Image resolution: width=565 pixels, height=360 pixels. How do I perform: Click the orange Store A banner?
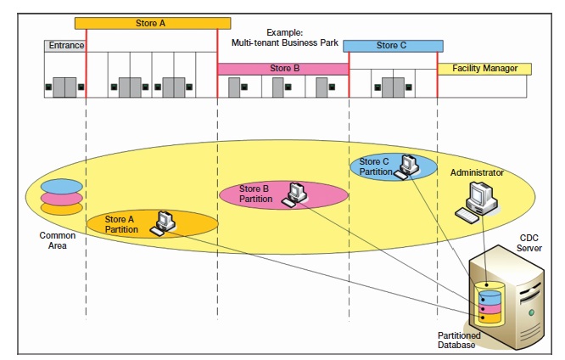coord(153,23)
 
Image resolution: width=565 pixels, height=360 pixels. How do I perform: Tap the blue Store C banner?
coord(392,46)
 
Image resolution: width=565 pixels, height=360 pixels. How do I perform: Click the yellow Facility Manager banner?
coord(484,68)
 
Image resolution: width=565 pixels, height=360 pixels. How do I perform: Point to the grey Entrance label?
coord(64,45)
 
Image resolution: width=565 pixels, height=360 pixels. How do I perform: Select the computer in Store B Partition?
coord(294,194)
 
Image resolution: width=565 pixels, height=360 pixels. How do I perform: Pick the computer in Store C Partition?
coord(410,166)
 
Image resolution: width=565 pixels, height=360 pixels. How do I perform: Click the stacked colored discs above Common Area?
coord(62,196)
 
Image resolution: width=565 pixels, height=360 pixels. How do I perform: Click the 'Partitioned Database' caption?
coord(459,340)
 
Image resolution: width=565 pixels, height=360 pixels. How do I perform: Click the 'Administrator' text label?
coord(476,172)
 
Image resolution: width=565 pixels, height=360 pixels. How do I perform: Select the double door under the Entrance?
coord(64,87)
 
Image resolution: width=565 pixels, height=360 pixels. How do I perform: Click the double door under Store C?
coord(392,87)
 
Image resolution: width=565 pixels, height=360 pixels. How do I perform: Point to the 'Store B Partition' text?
coord(255,194)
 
